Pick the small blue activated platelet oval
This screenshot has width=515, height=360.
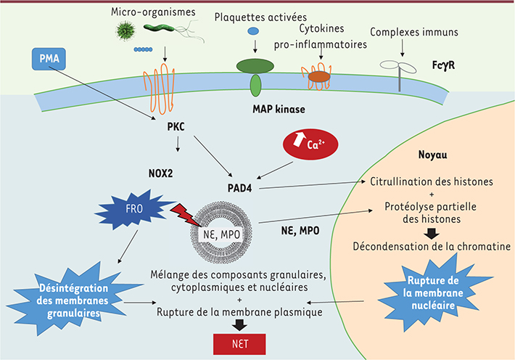click(253, 31)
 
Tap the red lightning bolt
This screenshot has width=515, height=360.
click(185, 218)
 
